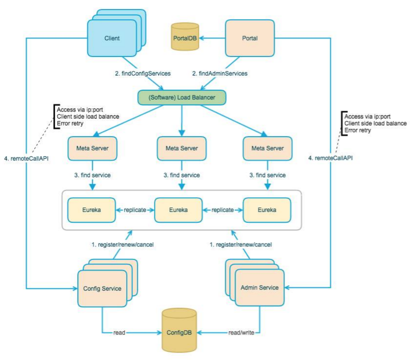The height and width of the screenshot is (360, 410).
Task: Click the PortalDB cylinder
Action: coord(184,38)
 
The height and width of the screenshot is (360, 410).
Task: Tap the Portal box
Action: coord(250,38)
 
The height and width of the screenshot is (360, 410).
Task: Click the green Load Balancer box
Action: coord(181,98)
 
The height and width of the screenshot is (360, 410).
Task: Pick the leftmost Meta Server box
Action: coord(93,148)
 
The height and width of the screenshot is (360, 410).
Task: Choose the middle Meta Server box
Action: coord(181,148)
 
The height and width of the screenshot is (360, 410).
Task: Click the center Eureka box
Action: coord(178,210)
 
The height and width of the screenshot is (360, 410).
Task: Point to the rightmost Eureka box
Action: coord(267,210)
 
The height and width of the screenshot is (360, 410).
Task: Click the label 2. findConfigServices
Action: coord(143,73)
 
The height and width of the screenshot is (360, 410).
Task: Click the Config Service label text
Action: coord(102,289)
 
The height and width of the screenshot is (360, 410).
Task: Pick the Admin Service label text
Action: coord(260,287)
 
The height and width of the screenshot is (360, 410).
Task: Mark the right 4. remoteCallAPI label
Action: coord(330,157)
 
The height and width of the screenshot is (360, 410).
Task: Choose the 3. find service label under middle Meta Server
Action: coord(181,175)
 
